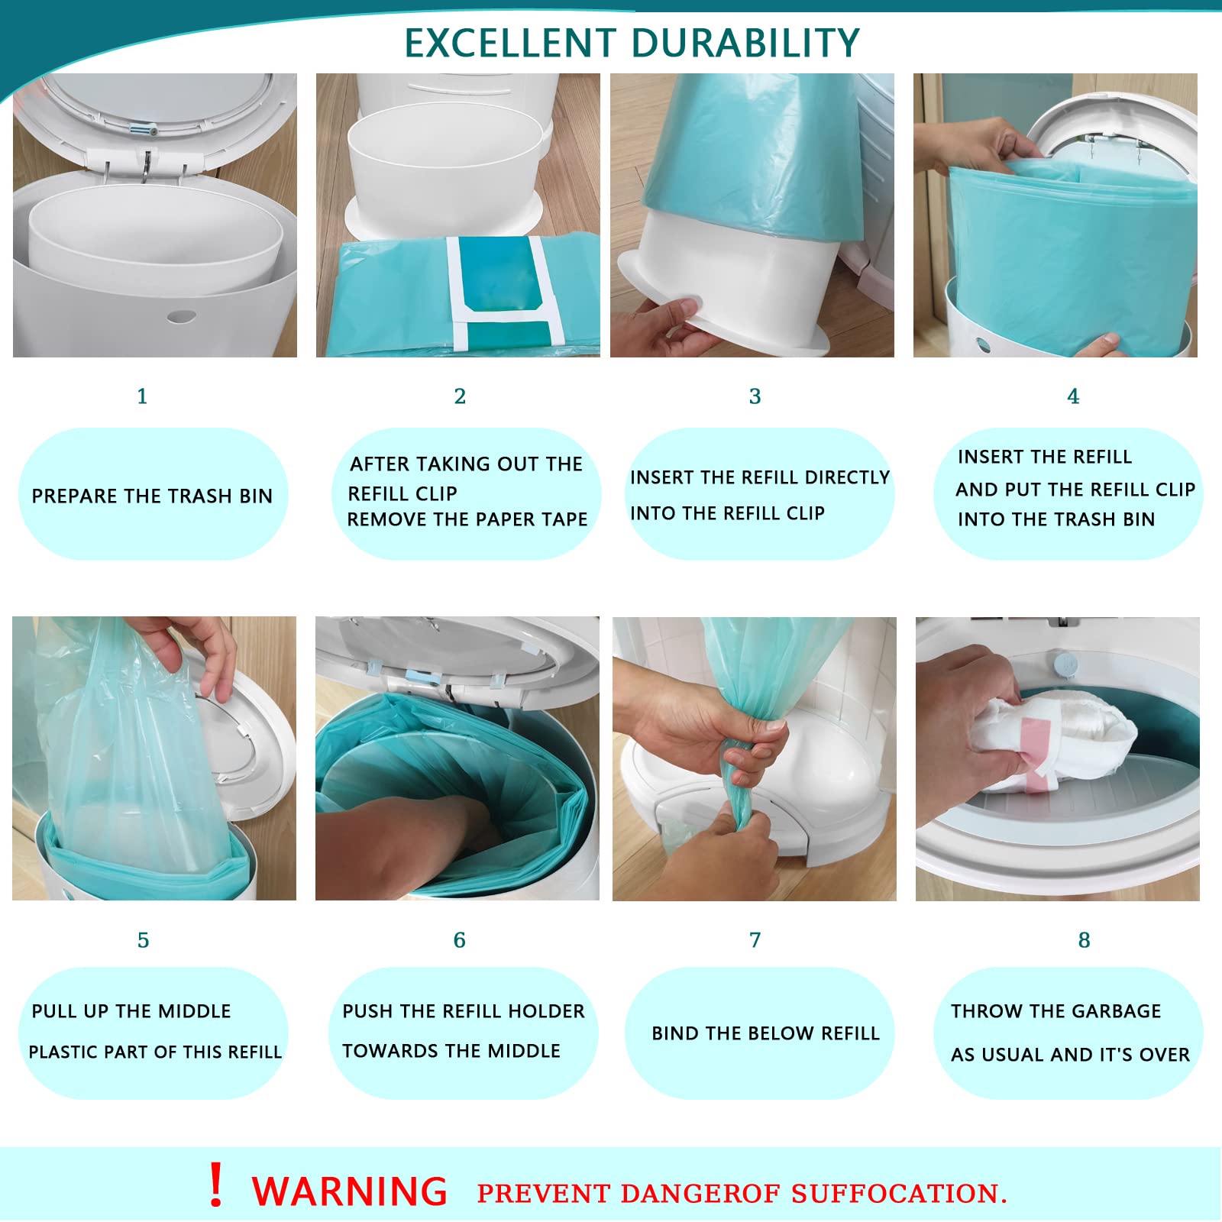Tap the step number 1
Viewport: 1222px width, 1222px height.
pos(142,396)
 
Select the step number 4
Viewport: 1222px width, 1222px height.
pos(1072,396)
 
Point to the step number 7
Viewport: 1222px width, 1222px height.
pos(755,940)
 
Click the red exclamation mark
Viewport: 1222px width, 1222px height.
pos(216,1185)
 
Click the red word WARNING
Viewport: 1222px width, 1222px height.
pos(349,1191)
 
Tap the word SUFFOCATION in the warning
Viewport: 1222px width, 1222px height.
pos(898,1193)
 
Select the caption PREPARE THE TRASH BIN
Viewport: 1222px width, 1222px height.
pos(152,496)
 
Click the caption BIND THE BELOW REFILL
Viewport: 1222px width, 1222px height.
pos(765,1033)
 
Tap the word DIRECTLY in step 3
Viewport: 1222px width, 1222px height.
pos(847,477)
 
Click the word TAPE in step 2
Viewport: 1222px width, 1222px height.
pos(564,519)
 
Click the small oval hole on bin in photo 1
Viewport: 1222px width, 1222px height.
pos(181,315)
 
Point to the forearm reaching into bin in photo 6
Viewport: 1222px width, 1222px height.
pos(382,840)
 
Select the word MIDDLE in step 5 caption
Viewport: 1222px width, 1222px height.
pos(195,1011)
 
